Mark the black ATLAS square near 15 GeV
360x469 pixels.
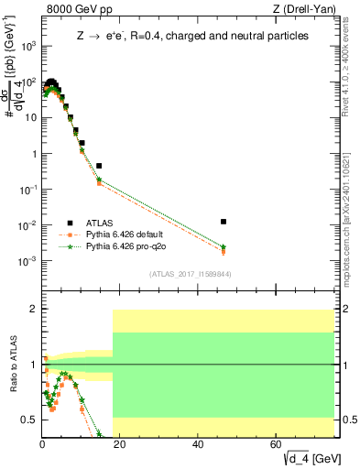coord(99,166)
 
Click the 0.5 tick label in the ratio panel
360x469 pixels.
coord(29,420)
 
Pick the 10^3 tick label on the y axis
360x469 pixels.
coord(27,45)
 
